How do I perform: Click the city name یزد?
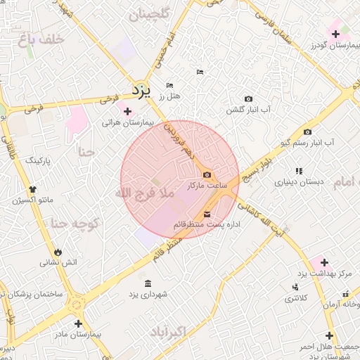(x=141, y=91)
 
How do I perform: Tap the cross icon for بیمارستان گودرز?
(x=335, y=34)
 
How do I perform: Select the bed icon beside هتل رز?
(x=169, y=86)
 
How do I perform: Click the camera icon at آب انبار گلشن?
(x=248, y=99)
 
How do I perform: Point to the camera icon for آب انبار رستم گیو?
(x=307, y=131)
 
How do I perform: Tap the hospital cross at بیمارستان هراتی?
(x=127, y=110)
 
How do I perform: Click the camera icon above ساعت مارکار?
(x=206, y=175)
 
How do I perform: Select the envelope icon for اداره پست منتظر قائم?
(x=207, y=214)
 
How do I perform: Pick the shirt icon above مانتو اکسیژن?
(x=32, y=189)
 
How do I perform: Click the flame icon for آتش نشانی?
(x=57, y=252)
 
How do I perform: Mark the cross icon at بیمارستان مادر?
(x=78, y=324)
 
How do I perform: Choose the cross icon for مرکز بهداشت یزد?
(x=323, y=262)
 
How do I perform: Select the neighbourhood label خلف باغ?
(x=41, y=40)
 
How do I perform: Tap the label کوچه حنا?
(x=73, y=224)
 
